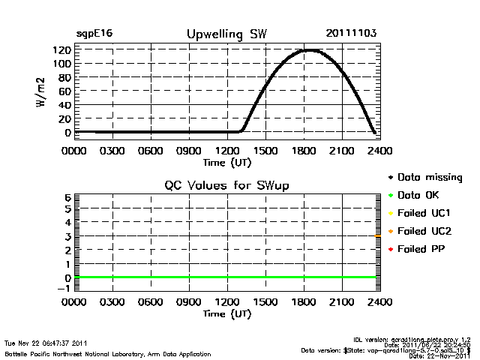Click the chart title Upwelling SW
226,34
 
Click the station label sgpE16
94,34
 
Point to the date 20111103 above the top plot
351,34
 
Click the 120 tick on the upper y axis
61,50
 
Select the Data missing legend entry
430,178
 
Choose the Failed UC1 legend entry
424,214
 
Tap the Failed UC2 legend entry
424,231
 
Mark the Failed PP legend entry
421,249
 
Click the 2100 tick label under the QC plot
342,303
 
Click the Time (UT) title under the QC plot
226,314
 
